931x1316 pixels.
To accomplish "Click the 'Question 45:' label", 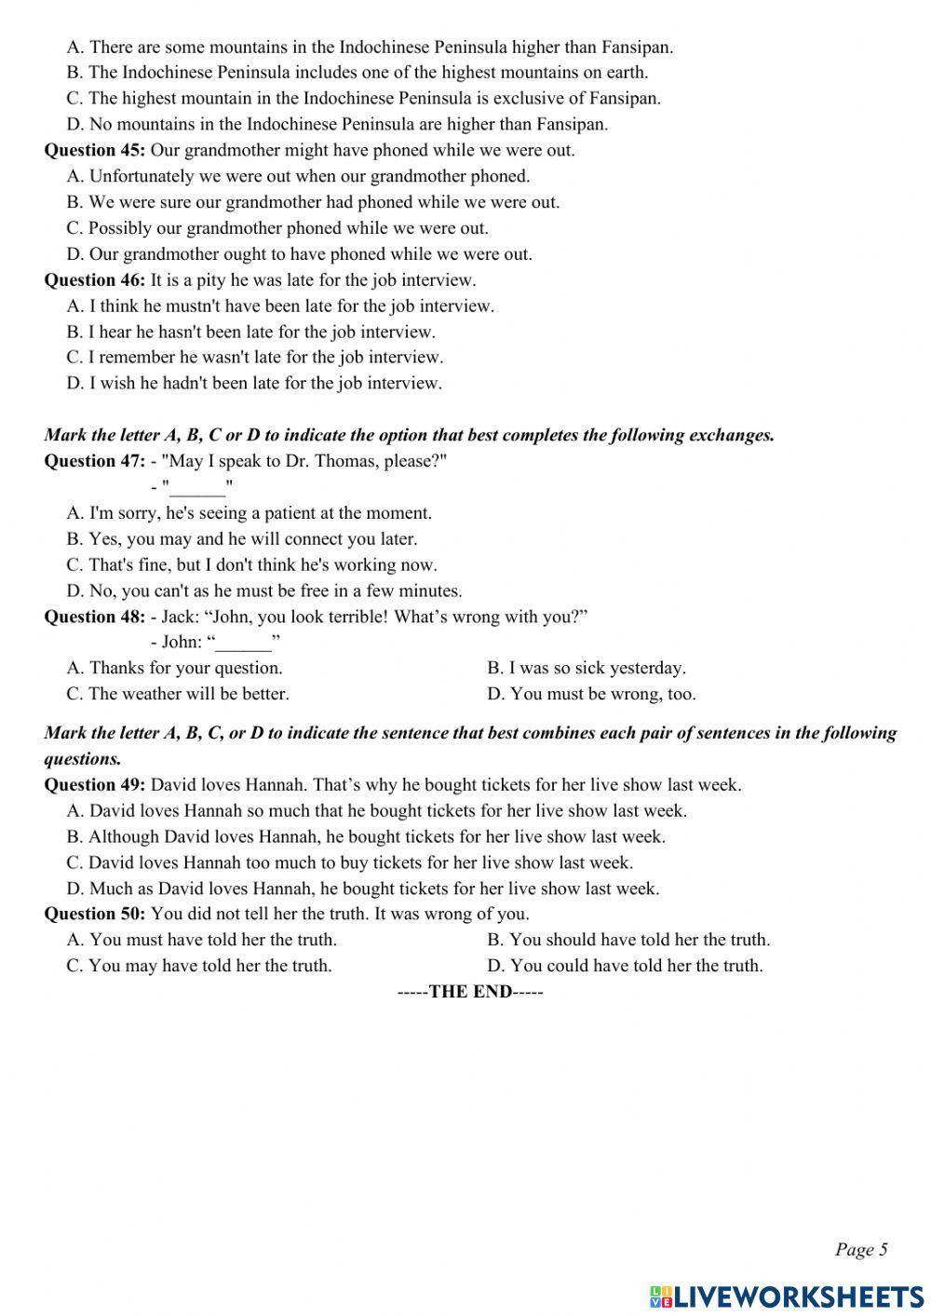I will (x=94, y=150).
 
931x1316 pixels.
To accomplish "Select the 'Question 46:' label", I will (x=94, y=279).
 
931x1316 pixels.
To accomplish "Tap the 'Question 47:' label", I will (x=94, y=461).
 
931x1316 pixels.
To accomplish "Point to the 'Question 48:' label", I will (x=94, y=617).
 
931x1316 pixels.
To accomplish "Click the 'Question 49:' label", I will (x=94, y=785).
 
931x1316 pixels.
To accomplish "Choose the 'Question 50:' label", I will (x=94, y=914).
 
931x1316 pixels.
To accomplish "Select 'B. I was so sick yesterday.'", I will (x=586, y=668).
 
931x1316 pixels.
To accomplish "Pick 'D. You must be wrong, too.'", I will (x=590, y=694).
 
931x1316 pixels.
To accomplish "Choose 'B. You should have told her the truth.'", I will (x=627, y=940).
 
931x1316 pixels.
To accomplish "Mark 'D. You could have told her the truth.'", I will (x=624, y=966).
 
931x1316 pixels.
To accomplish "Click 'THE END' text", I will (x=470, y=992).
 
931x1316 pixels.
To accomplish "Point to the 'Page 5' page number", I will (x=861, y=1250).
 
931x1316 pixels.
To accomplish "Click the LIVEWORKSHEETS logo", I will (x=787, y=1296).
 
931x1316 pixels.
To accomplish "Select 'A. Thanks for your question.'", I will (x=174, y=668).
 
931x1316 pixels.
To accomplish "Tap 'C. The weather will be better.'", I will (x=177, y=694).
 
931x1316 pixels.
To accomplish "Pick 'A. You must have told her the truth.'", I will (x=201, y=940).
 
